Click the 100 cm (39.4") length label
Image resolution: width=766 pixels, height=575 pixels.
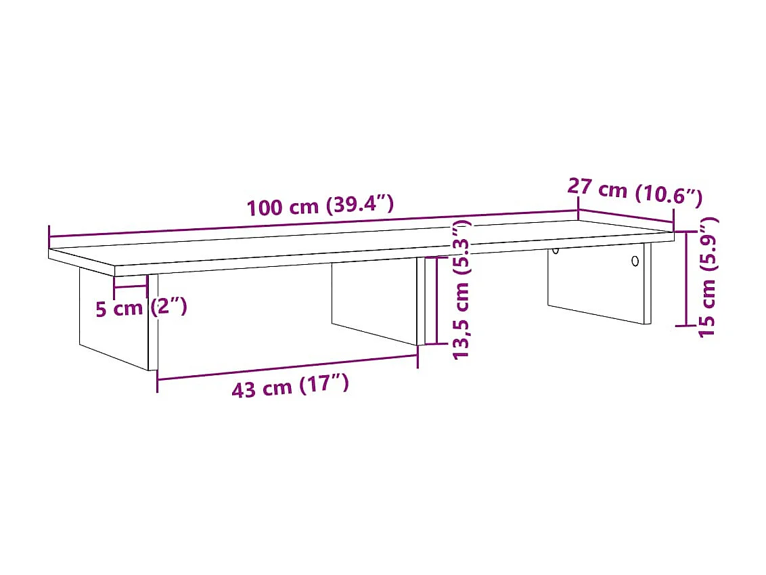(x=320, y=205)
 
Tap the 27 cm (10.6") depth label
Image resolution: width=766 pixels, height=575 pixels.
(x=633, y=193)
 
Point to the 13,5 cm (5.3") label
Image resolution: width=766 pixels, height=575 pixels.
(x=461, y=290)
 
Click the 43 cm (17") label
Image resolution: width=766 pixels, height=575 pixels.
(x=290, y=388)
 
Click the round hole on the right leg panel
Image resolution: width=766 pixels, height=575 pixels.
(x=634, y=261)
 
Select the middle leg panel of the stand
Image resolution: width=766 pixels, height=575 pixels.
(x=374, y=301)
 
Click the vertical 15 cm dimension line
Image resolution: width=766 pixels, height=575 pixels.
(x=687, y=278)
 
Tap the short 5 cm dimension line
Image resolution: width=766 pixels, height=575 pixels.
(x=130, y=286)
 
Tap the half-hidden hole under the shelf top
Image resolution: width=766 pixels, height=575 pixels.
(x=555, y=251)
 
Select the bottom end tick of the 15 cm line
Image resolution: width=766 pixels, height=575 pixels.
(x=687, y=326)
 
